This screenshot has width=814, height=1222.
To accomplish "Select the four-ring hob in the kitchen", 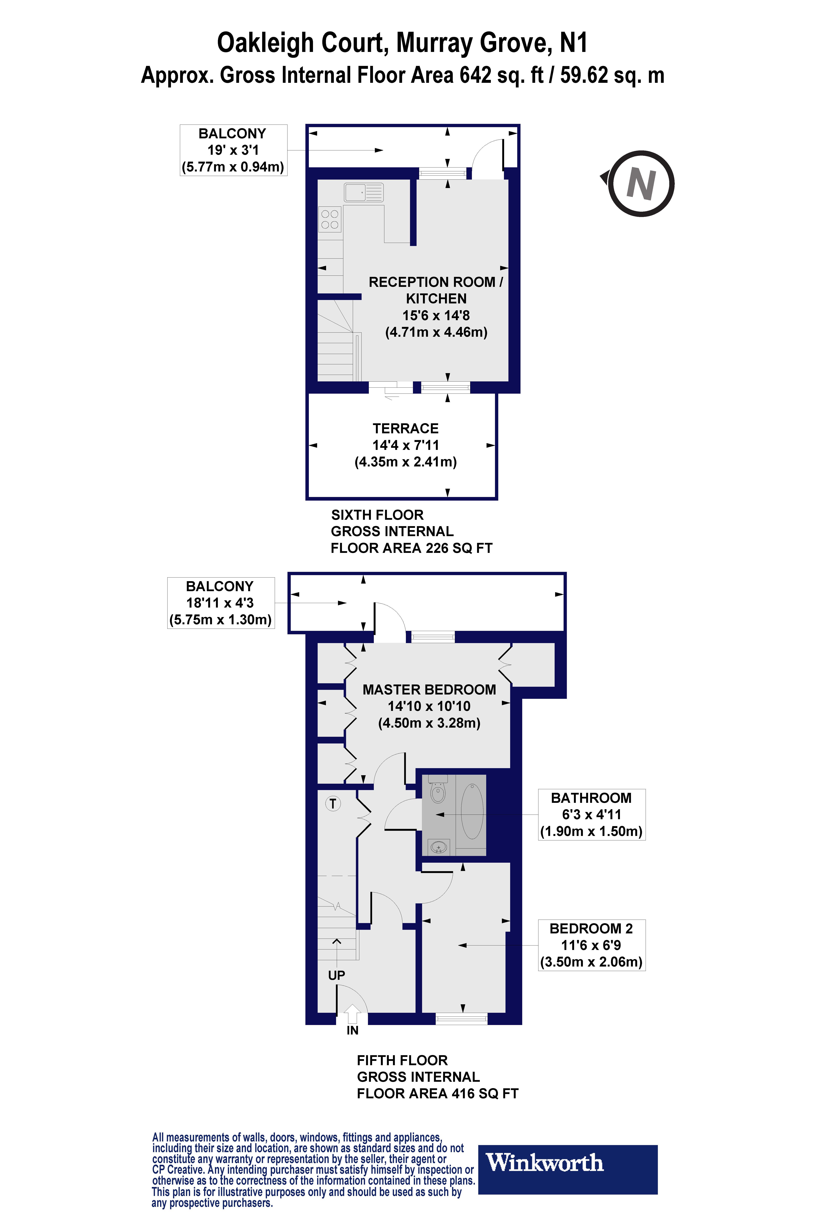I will coord(330,219).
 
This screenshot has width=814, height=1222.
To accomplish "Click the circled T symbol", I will coord(333,804).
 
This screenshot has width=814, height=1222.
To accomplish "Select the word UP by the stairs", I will coord(336,975).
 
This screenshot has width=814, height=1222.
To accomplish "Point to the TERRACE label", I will coord(405,429).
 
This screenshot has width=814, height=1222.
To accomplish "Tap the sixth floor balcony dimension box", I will coord(233,150).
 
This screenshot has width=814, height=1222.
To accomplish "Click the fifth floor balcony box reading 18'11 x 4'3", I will coord(220,603).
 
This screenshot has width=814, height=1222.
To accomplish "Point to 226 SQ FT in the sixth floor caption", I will coord(459,548).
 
